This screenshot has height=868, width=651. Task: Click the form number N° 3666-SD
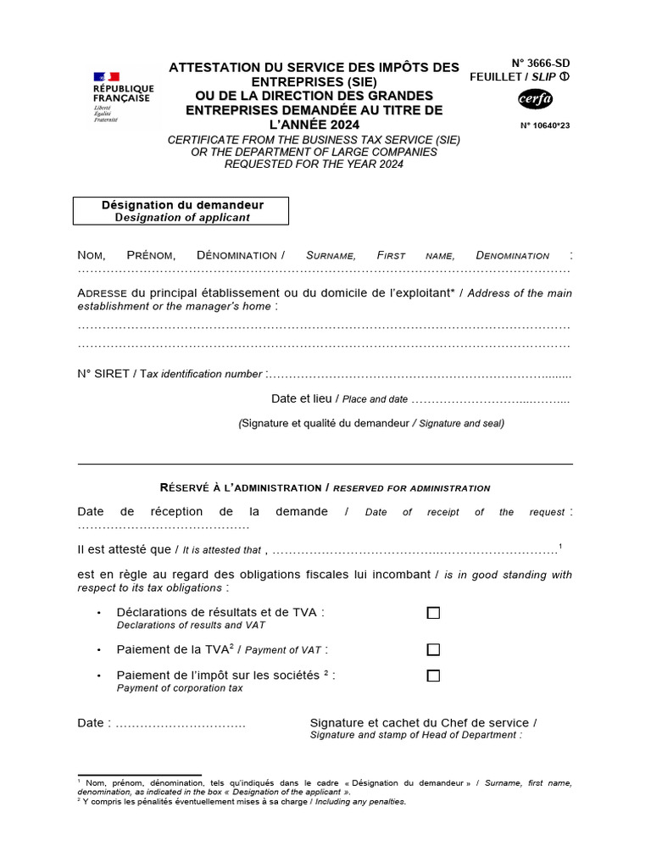click(541, 64)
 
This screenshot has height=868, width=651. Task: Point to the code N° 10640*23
click(545, 125)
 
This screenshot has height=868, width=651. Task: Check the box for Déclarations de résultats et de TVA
click(433, 613)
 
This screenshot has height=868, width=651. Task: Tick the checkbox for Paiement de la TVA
click(433, 650)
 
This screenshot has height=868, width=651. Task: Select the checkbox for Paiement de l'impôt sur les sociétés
click(433, 676)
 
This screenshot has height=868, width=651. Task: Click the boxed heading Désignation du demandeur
click(181, 211)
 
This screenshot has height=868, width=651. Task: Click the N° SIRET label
click(103, 374)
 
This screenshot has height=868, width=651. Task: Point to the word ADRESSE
click(102, 293)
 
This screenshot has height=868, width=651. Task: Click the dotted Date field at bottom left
click(180, 724)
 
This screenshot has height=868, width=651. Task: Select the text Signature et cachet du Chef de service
click(423, 723)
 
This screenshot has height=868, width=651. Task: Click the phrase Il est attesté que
click(124, 549)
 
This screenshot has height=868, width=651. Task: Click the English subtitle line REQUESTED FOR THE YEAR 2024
click(314, 164)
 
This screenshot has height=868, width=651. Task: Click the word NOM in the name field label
click(93, 255)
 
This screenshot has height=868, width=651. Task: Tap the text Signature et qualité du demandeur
click(325, 423)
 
